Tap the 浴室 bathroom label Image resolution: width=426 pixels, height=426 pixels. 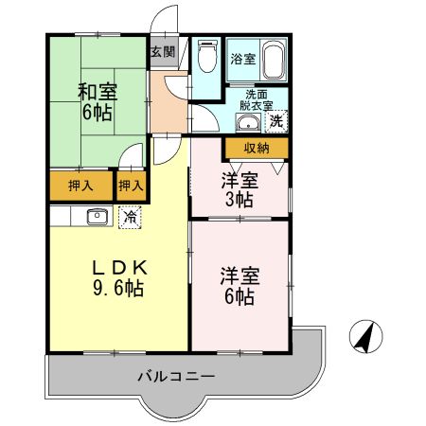[x=242, y=59]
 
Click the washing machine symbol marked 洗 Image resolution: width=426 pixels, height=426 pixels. [x=275, y=120]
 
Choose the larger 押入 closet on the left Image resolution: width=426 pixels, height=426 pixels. [x=80, y=186]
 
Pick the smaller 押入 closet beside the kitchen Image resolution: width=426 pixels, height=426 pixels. [x=132, y=186]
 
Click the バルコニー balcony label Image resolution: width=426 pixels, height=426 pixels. [x=175, y=376]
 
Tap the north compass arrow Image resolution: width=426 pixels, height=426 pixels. [x=364, y=336]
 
